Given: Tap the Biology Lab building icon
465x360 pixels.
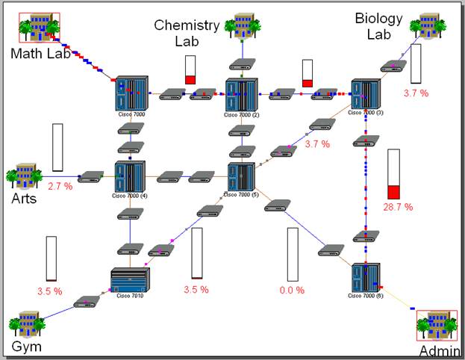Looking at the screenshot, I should [x=428, y=25].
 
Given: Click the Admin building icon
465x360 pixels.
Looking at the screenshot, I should [x=436, y=326].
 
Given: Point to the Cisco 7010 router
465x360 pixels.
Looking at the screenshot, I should [x=130, y=281].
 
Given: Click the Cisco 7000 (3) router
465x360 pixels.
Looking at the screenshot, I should [x=366, y=94].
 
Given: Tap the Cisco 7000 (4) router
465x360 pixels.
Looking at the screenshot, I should [x=130, y=177].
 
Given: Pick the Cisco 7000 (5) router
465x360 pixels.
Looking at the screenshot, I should [x=241, y=177].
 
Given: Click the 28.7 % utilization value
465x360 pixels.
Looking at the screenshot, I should [x=398, y=206].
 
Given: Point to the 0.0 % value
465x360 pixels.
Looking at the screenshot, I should [x=292, y=289].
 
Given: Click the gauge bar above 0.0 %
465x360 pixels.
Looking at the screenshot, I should [x=293, y=254].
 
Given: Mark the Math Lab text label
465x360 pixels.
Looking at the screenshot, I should [x=40, y=54].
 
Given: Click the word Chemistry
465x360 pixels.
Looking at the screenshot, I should [x=187, y=25].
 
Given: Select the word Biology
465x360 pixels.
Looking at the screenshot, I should [x=378, y=19].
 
